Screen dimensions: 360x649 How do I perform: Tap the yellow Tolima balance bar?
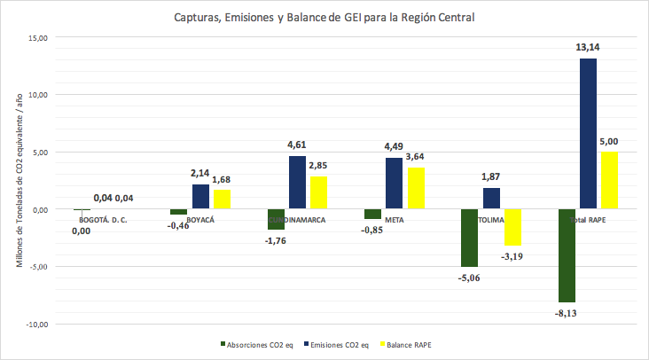[513, 228]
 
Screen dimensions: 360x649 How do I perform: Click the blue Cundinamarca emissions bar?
[297, 183]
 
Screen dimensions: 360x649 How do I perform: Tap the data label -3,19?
[513, 256]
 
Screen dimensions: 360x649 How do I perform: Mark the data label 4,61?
[297, 145]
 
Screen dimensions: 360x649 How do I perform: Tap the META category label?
[395, 218]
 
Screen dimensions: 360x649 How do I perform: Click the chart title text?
[324, 17]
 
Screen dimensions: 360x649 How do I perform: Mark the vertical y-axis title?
[19, 181]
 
